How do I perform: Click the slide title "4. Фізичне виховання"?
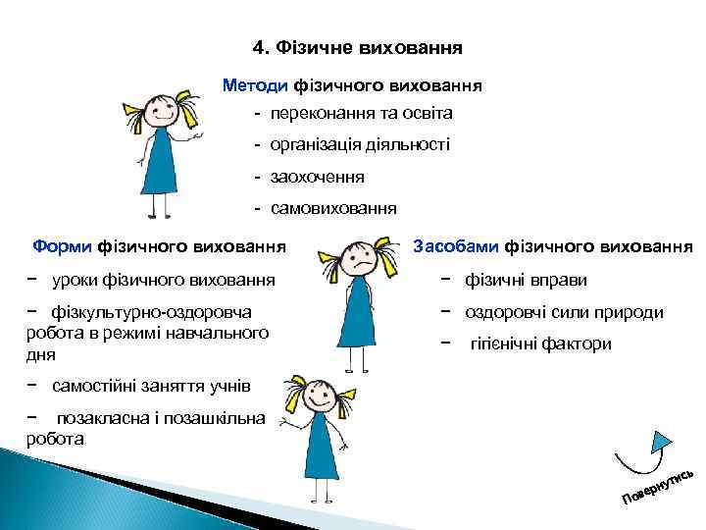(357, 47)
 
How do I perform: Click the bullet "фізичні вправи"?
(527, 281)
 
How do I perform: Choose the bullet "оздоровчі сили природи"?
(565, 312)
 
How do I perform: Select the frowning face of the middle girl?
(358, 258)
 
